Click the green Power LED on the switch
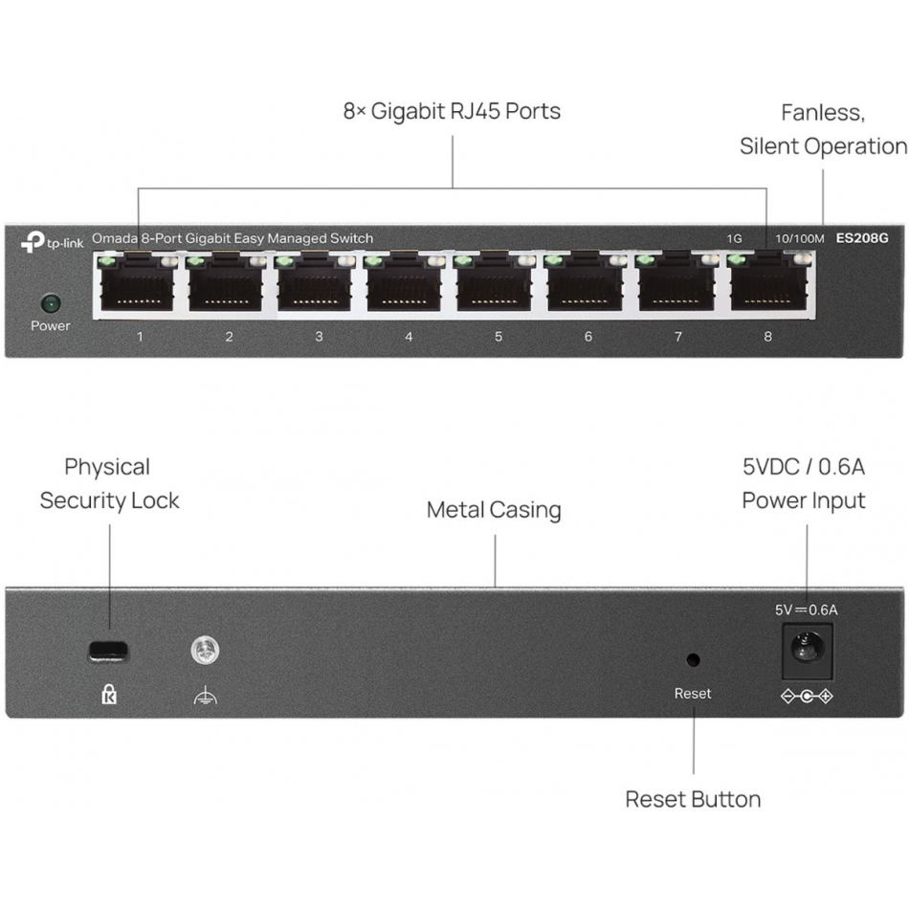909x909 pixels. click(x=50, y=304)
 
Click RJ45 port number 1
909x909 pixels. click(x=140, y=285)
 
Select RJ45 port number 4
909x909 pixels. click(x=409, y=285)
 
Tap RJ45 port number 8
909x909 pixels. click(x=767, y=285)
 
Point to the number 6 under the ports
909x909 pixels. click(x=588, y=337)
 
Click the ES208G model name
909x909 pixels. click(x=860, y=238)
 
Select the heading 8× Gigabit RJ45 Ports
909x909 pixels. click(x=452, y=111)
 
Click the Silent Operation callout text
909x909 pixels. click(x=823, y=146)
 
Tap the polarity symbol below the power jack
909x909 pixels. click(x=807, y=696)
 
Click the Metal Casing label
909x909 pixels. click(x=494, y=510)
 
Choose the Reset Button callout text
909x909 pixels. click(x=693, y=799)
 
